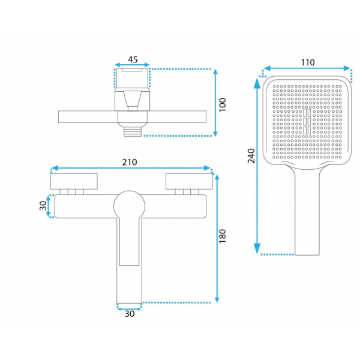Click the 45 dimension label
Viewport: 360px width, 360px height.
(133, 59)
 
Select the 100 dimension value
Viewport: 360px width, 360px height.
(223, 104)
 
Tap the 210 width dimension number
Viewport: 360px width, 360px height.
(130, 163)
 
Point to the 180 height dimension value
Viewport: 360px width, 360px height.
(223, 236)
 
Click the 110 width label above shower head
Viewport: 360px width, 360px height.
(308, 62)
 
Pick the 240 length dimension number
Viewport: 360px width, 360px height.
(251, 156)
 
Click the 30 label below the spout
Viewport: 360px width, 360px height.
(130, 314)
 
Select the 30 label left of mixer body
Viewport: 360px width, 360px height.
(43, 206)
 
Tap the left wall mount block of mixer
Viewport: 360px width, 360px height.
(74, 181)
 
